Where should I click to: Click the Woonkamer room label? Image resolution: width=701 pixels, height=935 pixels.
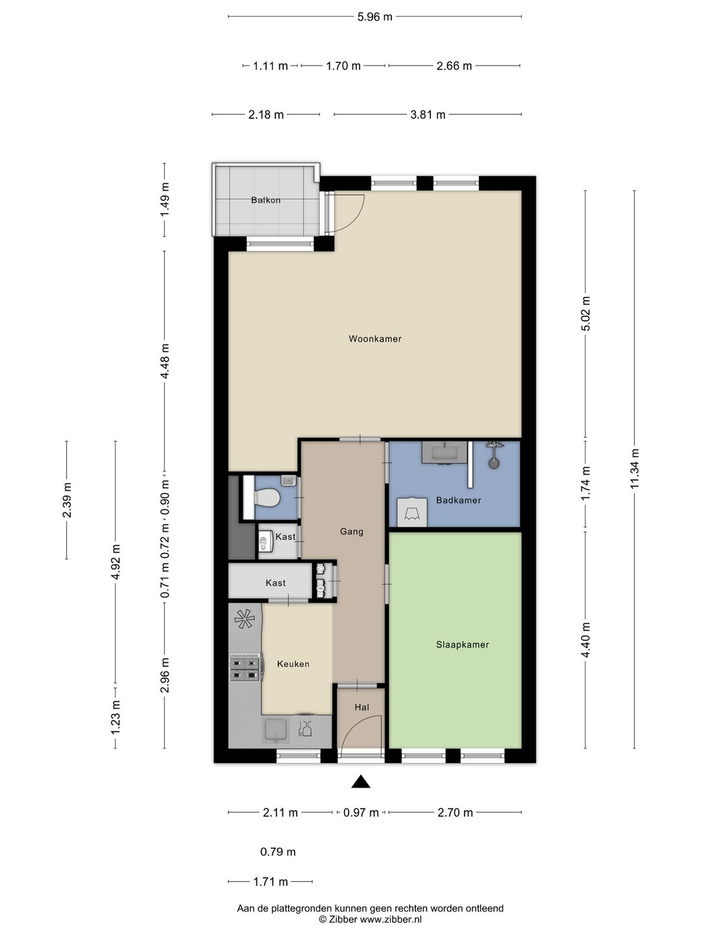click(x=375, y=339)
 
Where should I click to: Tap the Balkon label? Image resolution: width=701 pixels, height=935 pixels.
click(x=265, y=200)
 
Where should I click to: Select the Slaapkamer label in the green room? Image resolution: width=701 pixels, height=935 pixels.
click(x=462, y=645)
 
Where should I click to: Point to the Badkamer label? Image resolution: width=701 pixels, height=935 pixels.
click(x=458, y=500)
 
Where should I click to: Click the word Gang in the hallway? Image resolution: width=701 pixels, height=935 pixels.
click(x=352, y=532)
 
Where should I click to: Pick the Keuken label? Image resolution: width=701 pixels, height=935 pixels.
click(x=293, y=664)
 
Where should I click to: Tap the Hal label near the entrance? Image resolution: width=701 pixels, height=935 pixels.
click(x=362, y=707)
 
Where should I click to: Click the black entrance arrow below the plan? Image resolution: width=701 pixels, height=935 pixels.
click(x=360, y=781)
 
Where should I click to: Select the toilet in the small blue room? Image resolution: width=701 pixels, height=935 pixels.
click(x=266, y=497)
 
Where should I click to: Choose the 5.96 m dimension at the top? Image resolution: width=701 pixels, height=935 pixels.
click(x=375, y=17)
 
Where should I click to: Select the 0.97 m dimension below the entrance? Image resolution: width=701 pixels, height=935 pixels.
click(x=361, y=813)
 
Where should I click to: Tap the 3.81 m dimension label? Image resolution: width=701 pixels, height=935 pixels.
click(x=428, y=114)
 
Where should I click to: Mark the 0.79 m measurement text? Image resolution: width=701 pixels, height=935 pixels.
click(x=278, y=852)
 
